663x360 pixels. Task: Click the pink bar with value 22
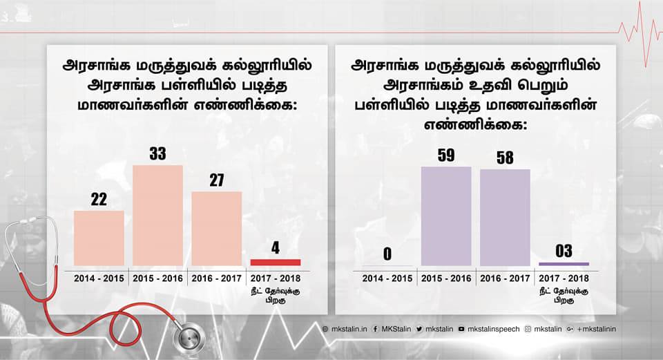tap(99, 238)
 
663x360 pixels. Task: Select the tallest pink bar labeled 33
tap(157, 215)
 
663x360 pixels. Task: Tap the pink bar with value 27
tap(216, 228)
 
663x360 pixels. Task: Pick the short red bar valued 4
tap(275, 262)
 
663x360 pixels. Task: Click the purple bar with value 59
tap(446, 216)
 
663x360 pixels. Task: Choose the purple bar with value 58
tap(505, 217)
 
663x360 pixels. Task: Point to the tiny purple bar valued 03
tap(564, 264)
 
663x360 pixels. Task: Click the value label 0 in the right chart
tap(387, 254)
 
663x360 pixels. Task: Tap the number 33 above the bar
tap(157, 153)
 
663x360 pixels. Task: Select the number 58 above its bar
tap(505, 158)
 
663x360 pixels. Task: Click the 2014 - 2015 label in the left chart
tap(99, 278)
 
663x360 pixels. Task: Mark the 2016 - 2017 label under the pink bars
tap(216, 278)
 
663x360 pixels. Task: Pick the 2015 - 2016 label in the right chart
tap(446, 278)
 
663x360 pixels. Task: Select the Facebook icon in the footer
tap(375, 329)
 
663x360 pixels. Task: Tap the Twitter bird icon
tap(420, 329)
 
